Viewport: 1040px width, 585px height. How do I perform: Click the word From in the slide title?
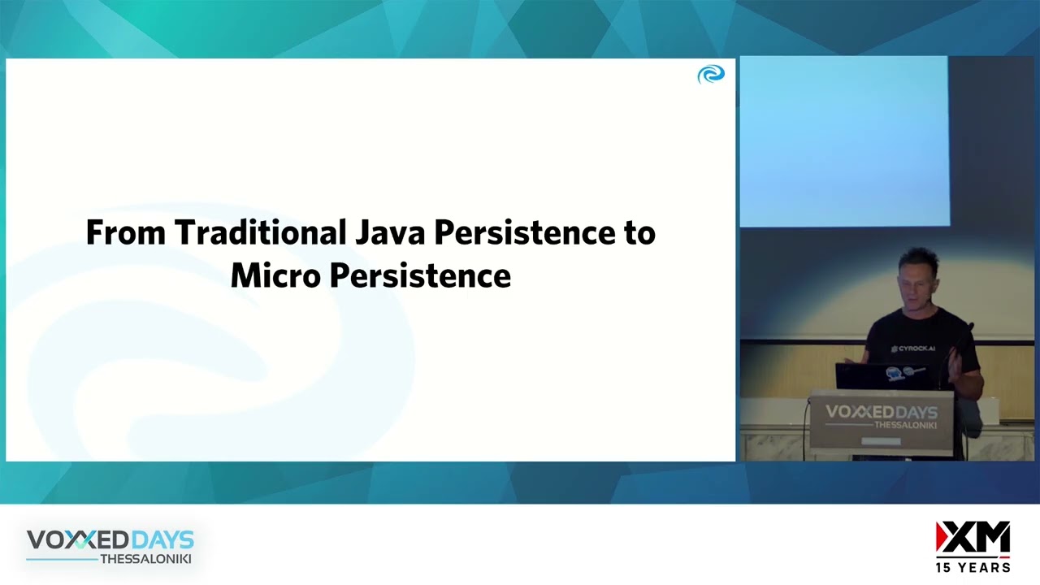pyautogui.click(x=126, y=232)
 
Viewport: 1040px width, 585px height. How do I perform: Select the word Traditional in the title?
pyautogui.click(x=260, y=232)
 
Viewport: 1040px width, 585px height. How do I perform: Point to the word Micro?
pyautogui.click(x=275, y=275)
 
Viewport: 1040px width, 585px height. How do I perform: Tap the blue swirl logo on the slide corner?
pyautogui.click(x=710, y=75)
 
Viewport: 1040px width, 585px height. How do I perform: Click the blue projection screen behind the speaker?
pyautogui.click(x=843, y=142)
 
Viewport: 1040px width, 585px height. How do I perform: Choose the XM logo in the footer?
pyautogui.click(x=973, y=539)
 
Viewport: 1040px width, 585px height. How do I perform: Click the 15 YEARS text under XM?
pyautogui.click(x=973, y=567)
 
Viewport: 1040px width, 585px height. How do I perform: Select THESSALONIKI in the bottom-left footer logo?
pyautogui.click(x=145, y=559)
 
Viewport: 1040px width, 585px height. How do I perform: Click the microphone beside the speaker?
pyautogui.click(x=968, y=329)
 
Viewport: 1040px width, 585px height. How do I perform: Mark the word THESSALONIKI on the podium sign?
pyautogui.click(x=904, y=426)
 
